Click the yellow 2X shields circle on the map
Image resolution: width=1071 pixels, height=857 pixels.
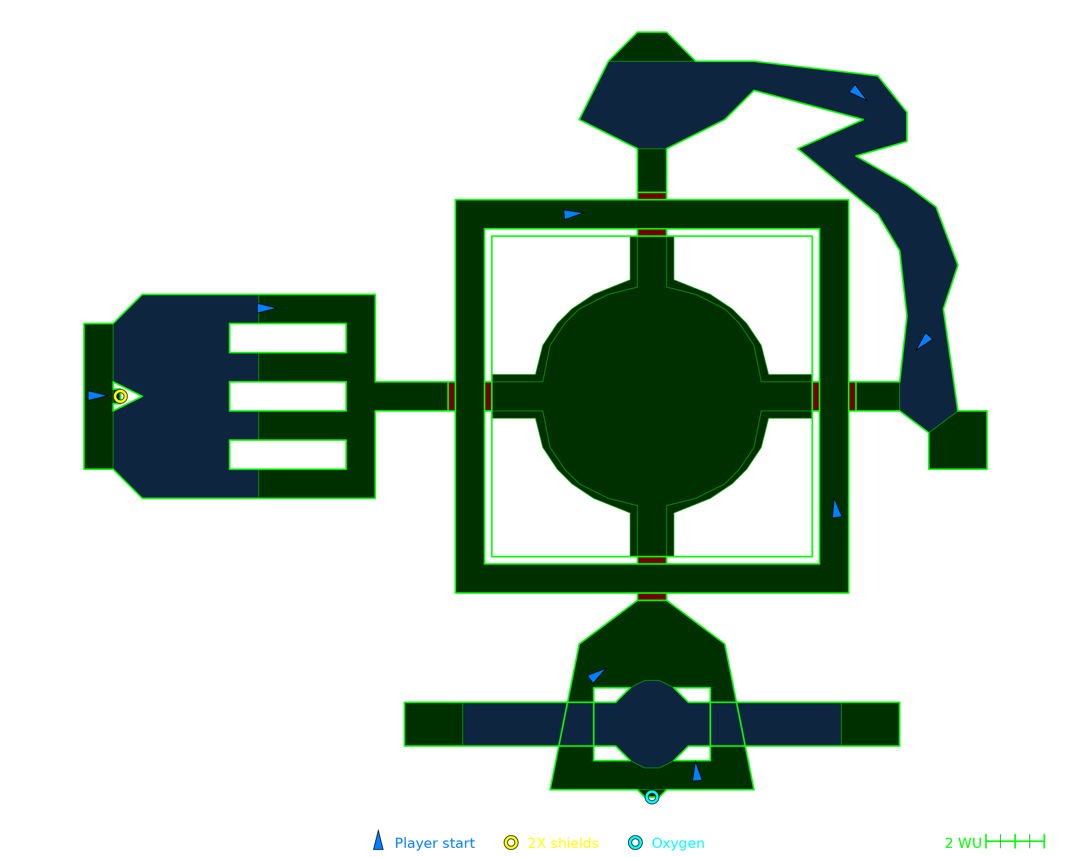point(120,396)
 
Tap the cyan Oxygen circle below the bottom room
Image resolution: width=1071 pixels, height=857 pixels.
point(652,797)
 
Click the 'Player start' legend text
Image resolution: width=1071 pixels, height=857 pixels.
point(434,843)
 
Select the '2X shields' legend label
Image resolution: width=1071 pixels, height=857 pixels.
point(563,843)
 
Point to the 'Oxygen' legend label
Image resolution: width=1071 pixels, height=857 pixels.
point(678,843)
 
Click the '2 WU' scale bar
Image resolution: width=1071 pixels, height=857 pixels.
point(1015,841)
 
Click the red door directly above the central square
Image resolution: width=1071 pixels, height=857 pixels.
point(652,196)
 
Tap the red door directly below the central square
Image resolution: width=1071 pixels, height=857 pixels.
point(652,597)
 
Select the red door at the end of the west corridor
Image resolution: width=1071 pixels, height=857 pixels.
point(451,396)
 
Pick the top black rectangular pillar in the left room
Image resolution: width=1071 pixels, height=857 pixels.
point(288,338)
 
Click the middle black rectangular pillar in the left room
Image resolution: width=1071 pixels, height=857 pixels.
point(288,396)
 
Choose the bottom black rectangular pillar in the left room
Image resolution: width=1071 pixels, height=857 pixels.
point(288,455)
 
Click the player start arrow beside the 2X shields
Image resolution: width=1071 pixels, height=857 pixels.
point(96,396)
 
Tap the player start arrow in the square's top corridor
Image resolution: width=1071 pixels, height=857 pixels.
point(572,214)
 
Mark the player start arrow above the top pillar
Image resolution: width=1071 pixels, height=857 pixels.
point(266,308)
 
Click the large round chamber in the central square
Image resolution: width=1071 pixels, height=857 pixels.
point(652,396)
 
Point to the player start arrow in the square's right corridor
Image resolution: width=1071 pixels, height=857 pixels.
point(836,509)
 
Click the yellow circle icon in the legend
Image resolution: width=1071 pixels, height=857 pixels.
point(511,843)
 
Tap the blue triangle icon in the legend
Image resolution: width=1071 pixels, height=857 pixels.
point(379,841)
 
